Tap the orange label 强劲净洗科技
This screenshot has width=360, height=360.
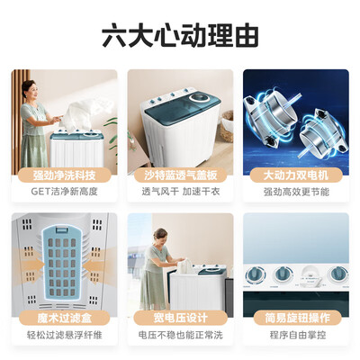coord(64,174)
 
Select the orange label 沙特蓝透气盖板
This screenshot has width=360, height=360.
coord(180,174)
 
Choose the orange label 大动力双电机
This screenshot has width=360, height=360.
coord(295,174)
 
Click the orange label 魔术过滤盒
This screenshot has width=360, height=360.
coord(64,317)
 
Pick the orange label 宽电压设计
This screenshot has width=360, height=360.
coord(180,317)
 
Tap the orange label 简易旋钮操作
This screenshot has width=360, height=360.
coord(295,317)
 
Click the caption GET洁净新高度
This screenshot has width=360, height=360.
coord(64,192)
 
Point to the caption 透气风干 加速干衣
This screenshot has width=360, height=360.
coord(180,192)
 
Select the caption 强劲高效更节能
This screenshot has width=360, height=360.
coord(295,192)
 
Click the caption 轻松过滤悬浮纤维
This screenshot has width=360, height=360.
coord(64,335)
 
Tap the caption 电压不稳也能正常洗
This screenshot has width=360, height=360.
coord(180,335)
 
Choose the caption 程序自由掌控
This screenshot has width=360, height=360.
coord(295,335)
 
